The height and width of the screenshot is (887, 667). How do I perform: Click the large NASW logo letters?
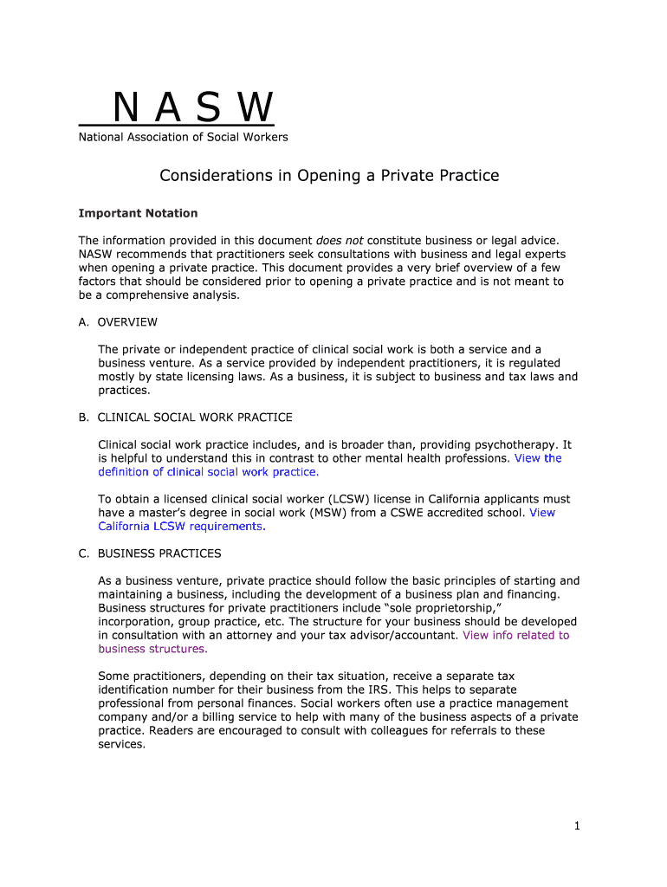(x=192, y=108)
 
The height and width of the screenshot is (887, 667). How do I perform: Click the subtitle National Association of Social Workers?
(x=184, y=137)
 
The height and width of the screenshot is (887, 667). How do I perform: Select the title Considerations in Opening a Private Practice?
(x=329, y=176)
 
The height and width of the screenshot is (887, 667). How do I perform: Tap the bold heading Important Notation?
(x=138, y=213)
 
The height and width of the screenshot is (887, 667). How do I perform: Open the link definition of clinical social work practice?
(x=209, y=472)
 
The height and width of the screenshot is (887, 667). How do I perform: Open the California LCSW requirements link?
(x=181, y=527)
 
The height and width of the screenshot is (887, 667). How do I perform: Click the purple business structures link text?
(x=152, y=649)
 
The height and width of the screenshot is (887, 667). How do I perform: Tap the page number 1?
(x=576, y=826)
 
